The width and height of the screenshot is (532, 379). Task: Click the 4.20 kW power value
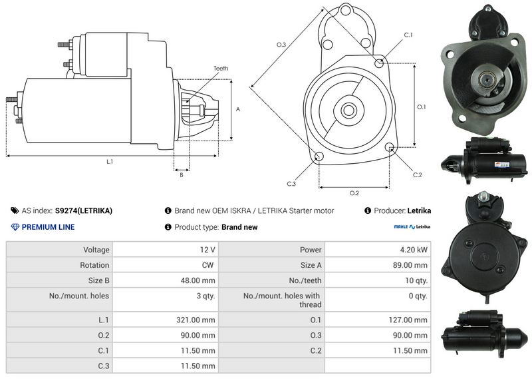click(x=414, y=250)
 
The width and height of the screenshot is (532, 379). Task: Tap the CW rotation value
click(x=207, y=265)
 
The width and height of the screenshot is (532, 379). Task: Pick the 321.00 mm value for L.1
click(x=196, y=320)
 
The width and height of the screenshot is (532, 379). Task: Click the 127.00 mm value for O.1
click(x=408, y=320)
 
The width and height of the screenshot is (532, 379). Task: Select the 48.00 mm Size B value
click(x=198, y=280)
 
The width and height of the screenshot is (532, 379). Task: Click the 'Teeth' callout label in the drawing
click(x=221, y=69)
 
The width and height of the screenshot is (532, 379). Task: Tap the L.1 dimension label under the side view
click(x=110, y=162)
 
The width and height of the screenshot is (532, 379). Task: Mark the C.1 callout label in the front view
click(x=408, y=35)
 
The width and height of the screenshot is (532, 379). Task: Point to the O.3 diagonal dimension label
click(x=281, y=45)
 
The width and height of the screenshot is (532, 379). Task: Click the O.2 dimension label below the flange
click(x=354, y=193)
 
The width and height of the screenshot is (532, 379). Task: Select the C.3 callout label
click(x=291, y=184)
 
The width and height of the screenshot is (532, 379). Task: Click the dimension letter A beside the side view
click(x=238, y=109)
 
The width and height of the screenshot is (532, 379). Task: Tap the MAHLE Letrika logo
click(x=412, y=226)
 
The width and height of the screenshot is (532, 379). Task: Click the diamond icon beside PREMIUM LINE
click(x=15, y=227)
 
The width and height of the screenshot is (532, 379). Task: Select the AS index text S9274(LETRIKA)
click(x=84, y=210)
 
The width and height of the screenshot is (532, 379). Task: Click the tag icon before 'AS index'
click(x=15, y=210)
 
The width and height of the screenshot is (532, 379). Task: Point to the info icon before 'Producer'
click(x=368, y=210)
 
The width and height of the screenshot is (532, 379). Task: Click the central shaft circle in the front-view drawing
click(x=348, y=110)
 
